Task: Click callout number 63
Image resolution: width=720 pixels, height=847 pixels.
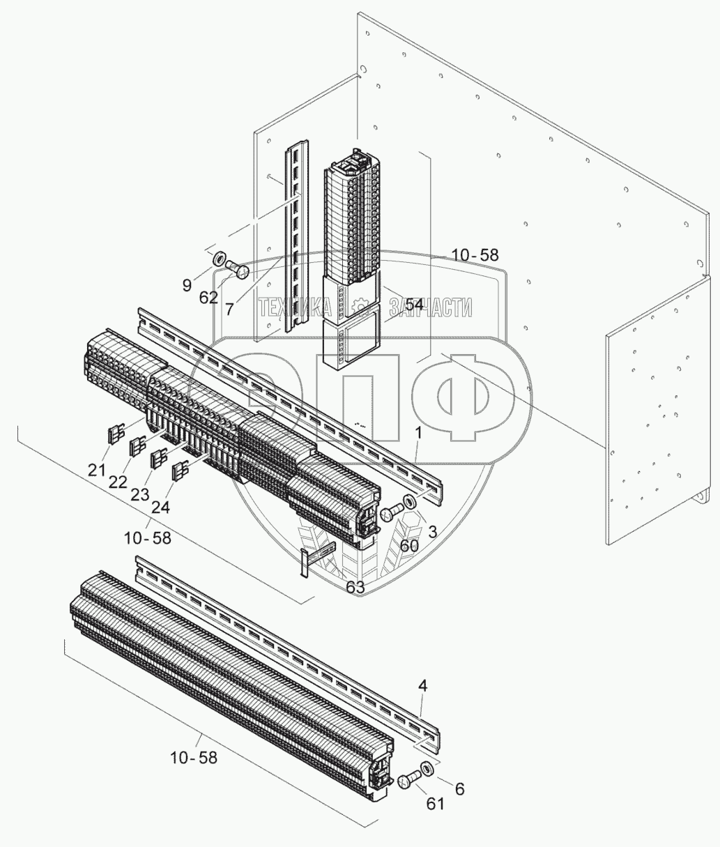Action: tap(355, 587)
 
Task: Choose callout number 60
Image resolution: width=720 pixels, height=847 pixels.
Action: tap(409, 544)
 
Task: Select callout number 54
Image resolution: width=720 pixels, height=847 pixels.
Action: tap(414, 305)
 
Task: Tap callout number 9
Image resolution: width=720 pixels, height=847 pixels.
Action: tap(187, 284)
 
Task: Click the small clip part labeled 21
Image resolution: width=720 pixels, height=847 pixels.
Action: tap(114, 435)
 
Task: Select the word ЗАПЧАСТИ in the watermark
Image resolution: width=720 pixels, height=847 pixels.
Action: tap(431, 307)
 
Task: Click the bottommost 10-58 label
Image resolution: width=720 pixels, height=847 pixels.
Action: tap(193, 756)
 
